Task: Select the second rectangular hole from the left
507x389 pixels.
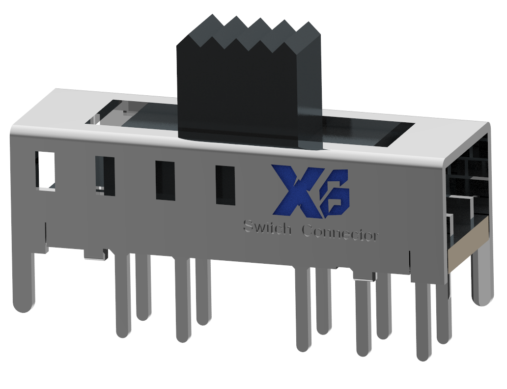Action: tap(106, 176)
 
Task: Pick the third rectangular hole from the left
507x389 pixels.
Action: tap(165, 180)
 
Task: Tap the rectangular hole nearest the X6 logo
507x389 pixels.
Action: tap(225, 185)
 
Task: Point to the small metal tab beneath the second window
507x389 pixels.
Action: tap(96, 254)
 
